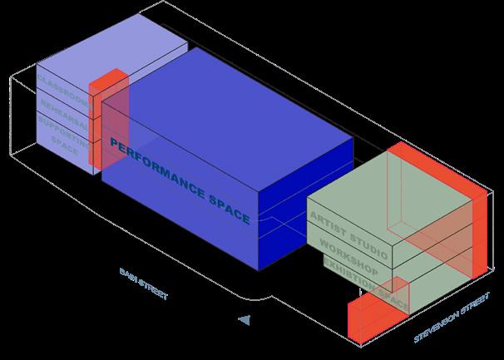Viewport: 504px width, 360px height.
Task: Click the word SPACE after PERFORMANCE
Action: pos(227,210)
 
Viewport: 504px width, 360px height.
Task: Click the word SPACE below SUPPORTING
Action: pos(64,145)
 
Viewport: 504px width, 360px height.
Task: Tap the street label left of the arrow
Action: pos(144,284)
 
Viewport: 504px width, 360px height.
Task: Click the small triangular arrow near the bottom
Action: pos(243,318)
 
